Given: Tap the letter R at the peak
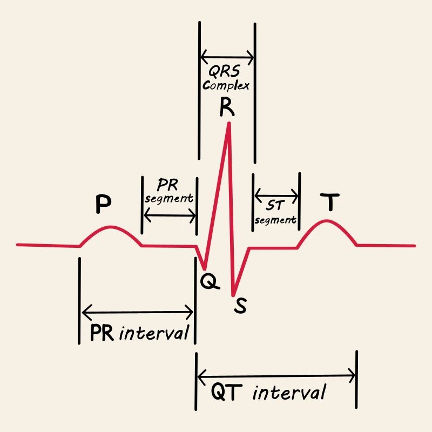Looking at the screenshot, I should click(227, 108).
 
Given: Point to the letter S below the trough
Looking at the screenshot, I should click(240, 306).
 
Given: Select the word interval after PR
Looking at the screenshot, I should click(154, 332).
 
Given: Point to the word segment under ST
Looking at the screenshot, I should click(275, 220).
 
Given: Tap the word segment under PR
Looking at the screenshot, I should click(169, 198).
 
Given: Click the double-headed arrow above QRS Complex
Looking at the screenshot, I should click(227, 56).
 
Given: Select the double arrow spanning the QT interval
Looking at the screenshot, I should click(276, 374).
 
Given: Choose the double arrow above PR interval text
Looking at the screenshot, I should click(137, 312).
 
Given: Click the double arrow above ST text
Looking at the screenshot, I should click(276, 193).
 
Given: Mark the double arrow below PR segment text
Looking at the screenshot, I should click(169, 215).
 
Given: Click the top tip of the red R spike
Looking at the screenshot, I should click(230, 123).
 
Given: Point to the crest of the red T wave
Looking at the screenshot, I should click(326, 220).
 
